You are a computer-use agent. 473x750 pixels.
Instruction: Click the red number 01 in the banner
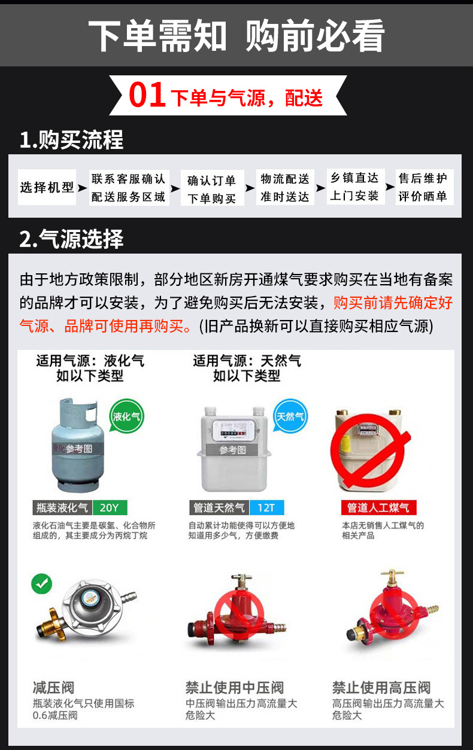pos(147,96)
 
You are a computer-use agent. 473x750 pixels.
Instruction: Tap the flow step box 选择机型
pos(47,188)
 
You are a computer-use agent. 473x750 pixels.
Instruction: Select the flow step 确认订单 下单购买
pos(212,189)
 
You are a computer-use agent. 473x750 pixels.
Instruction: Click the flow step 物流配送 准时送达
pos(285,188)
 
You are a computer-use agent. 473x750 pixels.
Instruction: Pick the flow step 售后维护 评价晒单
pos(423,187)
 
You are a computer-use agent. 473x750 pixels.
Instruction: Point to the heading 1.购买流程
pos(71,141)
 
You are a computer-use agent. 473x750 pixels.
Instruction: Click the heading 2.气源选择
pos(71,239)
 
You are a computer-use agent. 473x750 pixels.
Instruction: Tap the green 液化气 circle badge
pos(127,416)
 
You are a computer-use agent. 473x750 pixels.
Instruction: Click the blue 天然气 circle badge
pos(290,416)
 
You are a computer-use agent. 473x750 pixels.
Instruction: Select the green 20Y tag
pos(110,508)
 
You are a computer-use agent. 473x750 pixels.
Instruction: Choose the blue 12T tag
pos(266,508)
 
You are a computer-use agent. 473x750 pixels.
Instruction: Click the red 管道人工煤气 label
pos(378,508)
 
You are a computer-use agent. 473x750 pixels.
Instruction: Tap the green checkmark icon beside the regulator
pos(42,583)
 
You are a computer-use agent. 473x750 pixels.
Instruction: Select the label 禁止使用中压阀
pos(234,687)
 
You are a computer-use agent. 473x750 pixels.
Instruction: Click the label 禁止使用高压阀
pos(381,687)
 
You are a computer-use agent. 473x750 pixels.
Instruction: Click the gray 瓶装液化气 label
pos(61,508)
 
